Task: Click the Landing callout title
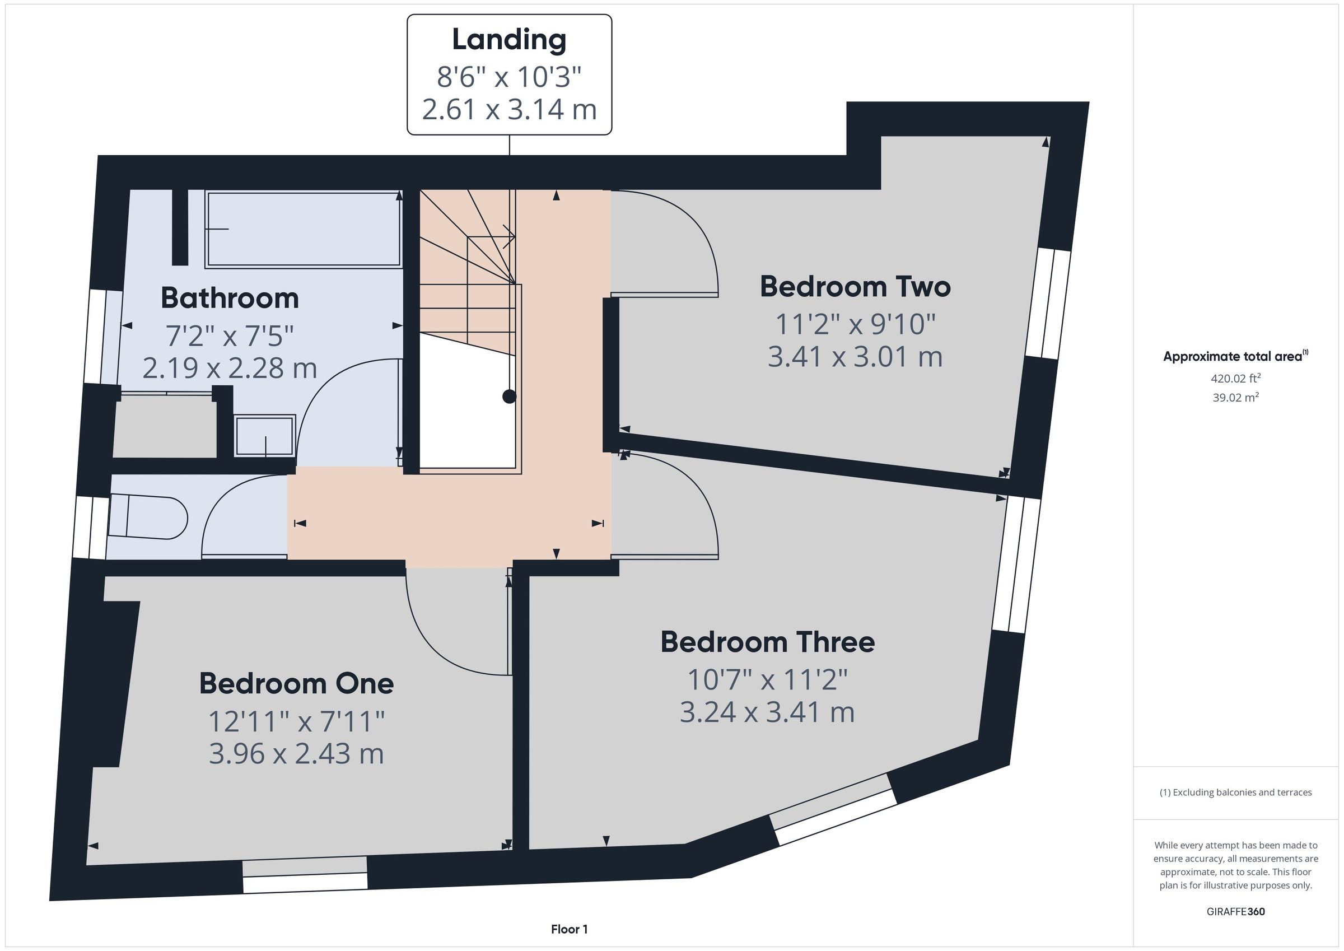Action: coord(509,40)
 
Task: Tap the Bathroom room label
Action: coord(230,298)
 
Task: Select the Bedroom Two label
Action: coord(855,286)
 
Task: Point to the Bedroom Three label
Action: coord(767,642)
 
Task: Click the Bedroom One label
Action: coord(296,683)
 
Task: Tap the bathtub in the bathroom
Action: coord(303,229)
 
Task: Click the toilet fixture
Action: coord(147,517)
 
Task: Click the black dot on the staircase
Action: coord(509,397)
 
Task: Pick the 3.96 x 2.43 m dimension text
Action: coord(296,754)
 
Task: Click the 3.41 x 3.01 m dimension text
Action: coord(855,357)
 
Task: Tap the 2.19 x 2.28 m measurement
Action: coord(230,369)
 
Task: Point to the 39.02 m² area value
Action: coord(1236,397)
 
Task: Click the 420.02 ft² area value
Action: coord(1236,378)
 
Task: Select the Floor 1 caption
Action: coord(569,929)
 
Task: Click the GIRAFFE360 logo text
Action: coord(1236,912)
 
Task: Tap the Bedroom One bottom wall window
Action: coord(305,876)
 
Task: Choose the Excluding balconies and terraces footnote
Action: coord(1236,792)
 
